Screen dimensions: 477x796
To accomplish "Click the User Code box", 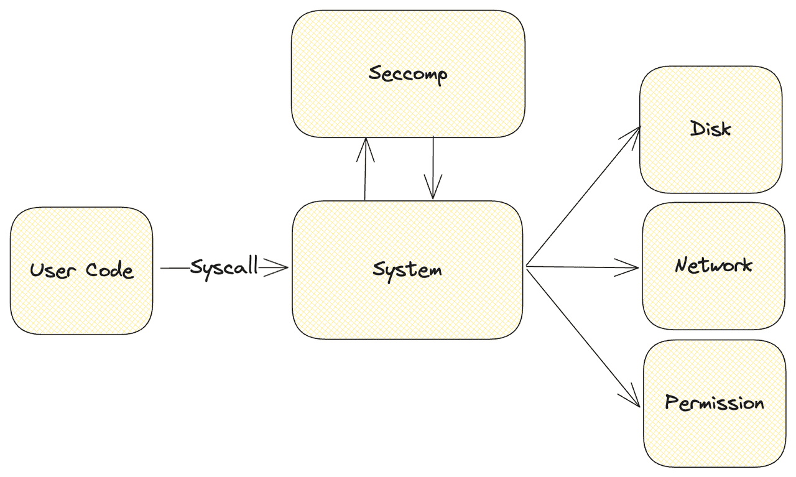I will pos(81,299).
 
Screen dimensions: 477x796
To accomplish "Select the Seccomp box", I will pos(408,106).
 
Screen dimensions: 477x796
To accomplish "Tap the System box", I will pos(407,305).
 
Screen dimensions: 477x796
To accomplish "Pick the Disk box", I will pos(711,162).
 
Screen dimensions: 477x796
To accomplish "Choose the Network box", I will pos(713,299).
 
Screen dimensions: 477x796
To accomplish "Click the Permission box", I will pos(714,435).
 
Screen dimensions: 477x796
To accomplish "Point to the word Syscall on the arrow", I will pos(223,267).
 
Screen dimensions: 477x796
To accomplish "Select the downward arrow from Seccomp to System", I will pos(433,168).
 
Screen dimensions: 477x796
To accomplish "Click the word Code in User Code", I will pos(109,271).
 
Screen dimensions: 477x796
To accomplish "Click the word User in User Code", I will pos(53,271).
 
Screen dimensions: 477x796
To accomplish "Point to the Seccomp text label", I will pos(408,74).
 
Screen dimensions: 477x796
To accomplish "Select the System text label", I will pos(407,269).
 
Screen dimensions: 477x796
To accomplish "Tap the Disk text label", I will pos(711,129).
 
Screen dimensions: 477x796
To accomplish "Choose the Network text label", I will pos(713,266).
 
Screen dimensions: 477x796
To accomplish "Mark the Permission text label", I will pos(714,402).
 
